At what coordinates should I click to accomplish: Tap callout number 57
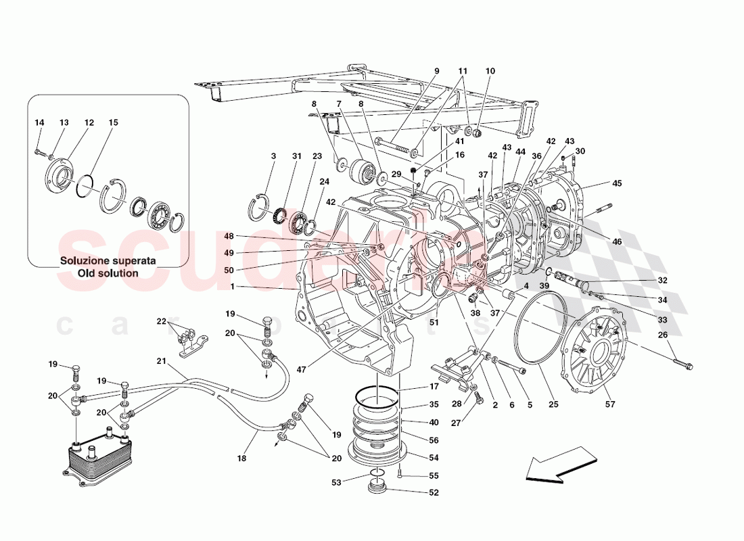pos(610,404)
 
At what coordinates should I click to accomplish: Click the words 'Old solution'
pos(108,273)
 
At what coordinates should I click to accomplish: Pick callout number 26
pos(663,335)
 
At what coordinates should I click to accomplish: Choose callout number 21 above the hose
pos(161,361)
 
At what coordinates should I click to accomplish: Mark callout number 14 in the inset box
pos(39,122)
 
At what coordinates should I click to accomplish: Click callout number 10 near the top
pos(490,71)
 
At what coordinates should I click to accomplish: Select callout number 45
pos(617,183)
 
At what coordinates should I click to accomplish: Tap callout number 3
pos(273,156)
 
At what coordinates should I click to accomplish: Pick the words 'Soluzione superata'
pos(108,260)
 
